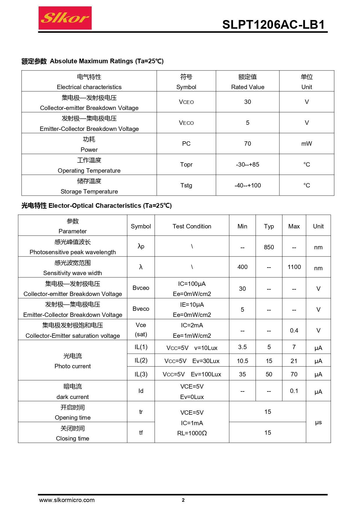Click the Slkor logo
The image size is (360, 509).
[x=65, y=18]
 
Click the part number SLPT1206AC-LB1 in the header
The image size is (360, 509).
[x=273, y=25]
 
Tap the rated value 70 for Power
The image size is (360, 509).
[x=247, y=144]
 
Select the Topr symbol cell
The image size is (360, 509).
[x=186, y=165]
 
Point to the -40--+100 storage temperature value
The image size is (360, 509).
[x=247, y=185]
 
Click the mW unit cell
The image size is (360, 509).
[x=307, y=144]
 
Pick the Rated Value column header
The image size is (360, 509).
[x=247, y=87]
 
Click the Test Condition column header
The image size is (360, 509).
[x=192, y=226]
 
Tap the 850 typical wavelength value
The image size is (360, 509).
[x=269, y=247]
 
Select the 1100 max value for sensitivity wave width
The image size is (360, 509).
[x=294, y=267]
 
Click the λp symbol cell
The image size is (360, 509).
[x=141, y=246]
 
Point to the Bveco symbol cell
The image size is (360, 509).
[x=141, y=309]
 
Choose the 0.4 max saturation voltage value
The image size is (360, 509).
[x=294, y=331]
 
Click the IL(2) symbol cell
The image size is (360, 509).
[x=141, y=360]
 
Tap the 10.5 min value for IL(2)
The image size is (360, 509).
[x=243, y=361]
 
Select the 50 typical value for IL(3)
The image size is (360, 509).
[x=269, y=374]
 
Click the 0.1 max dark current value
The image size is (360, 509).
[x=294, y=391]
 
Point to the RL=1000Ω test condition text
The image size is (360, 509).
[x=192, y=433]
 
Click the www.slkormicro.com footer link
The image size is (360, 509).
[x=67, y=500]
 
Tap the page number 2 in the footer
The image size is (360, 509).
[x=183, y=500]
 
